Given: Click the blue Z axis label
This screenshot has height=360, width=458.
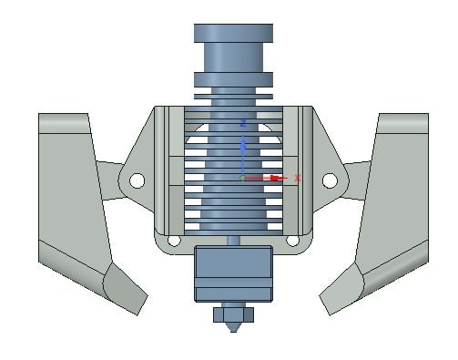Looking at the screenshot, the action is click(x=243, y=123).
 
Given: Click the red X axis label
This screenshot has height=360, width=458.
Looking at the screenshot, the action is click(x=298, y=179).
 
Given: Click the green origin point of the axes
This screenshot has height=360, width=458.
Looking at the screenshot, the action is click(x=242, y=179).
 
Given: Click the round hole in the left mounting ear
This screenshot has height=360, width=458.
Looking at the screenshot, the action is click(x=137, y=180).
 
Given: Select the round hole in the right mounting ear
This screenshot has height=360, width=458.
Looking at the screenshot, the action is click(x=330, y=180).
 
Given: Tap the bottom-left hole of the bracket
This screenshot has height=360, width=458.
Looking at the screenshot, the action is click(x=174, y=241).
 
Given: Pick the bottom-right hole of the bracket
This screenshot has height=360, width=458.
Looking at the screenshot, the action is click(x=292, y=241).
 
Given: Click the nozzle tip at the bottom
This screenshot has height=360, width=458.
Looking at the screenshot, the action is click(x=233, y=327).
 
